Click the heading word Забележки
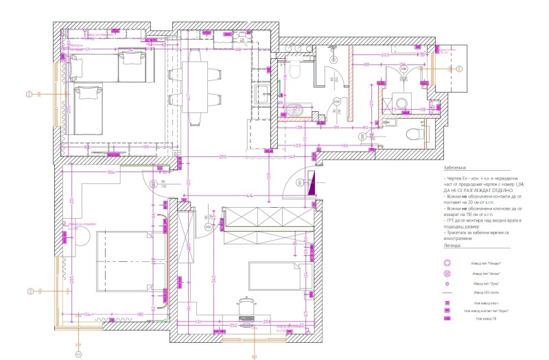pos(455,167)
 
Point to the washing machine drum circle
pos(404,104)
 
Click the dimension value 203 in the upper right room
pos(385,53)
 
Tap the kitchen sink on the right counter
pos(261,95)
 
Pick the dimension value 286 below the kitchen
pos(223,158)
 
